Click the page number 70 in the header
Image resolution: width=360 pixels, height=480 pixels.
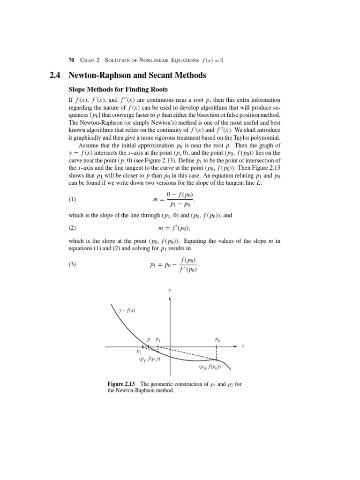coord(71,60)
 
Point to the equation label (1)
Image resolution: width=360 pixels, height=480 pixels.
coord(72,199)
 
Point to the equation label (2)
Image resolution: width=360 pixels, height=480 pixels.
coord(72,228)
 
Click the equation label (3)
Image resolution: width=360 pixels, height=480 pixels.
coord(72,264)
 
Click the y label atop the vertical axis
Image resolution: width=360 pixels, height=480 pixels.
coord(170,290)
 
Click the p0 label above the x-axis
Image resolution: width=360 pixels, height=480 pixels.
coord(217,339)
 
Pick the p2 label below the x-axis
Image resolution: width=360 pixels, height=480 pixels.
coord(139,352)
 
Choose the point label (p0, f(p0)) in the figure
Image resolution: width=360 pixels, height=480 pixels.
coord(210,367)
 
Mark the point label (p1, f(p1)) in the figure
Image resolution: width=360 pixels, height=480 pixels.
coord(150,359)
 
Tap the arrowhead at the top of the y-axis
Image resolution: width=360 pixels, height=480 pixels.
coord(170,298)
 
